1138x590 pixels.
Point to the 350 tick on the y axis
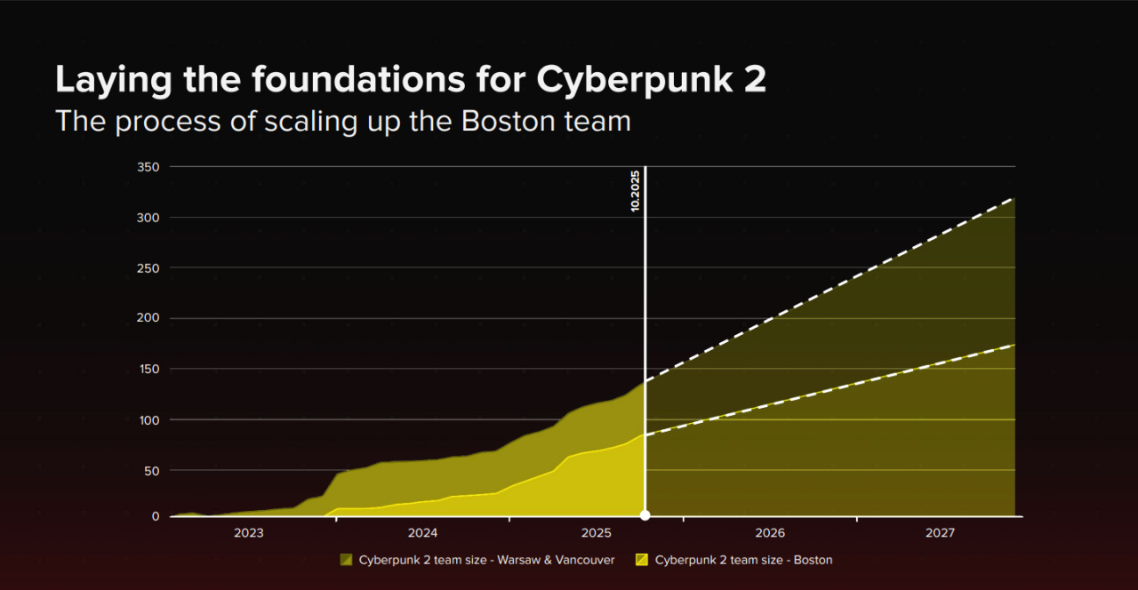point(148,167)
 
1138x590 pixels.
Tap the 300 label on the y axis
point(148,218)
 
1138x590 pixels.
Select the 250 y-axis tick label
point(148,267)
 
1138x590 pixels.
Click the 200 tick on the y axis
point(148,318)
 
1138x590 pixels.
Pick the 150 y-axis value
point(148,369)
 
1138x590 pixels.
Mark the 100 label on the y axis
point(148,419)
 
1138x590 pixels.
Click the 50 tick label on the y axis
point(152,469)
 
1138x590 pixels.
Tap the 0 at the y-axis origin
point(156,516)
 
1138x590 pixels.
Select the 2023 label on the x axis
point(248,533)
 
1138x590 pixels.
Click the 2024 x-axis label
point(422,533)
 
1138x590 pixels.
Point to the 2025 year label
point(596,533)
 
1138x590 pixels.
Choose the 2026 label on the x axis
point(770,533)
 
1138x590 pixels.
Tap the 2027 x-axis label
point(940,533)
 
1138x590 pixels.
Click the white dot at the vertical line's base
point(645,515)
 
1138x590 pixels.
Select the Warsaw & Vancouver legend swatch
point(347,560)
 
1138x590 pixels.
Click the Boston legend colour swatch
point(642,560)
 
